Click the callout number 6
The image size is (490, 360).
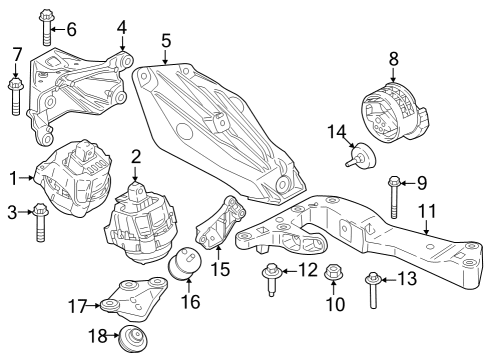(70, 29)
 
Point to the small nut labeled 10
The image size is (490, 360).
(334, 287)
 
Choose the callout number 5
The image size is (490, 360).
(166, 41)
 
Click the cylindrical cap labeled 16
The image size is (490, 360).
(185, 268)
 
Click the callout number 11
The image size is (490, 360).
(427, 211)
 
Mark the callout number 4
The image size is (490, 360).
(121, 26)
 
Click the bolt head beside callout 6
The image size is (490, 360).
(46, 18)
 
